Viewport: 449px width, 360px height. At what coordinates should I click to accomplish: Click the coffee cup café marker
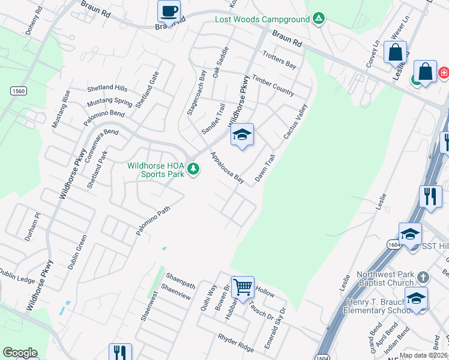[168, 11]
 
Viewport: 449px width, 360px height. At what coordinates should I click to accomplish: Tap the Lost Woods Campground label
[262, 19]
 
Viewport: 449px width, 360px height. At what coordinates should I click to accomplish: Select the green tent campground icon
[319, 19]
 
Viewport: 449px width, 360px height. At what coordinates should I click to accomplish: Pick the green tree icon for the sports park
[193, 169]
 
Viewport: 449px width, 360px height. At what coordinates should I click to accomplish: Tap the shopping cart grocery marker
[243, 287]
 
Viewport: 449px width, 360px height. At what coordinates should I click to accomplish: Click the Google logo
[20, 353]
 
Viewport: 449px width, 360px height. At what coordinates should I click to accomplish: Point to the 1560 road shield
[18, 90]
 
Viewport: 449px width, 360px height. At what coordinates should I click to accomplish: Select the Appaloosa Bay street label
[227, 167]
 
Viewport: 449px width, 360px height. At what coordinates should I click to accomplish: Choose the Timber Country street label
[273, 85]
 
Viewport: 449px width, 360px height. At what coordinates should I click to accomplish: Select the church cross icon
[424, 277]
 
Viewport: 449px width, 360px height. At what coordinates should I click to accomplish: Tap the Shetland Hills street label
[107, 88]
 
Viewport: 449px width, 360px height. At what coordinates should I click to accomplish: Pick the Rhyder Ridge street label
[237, 343]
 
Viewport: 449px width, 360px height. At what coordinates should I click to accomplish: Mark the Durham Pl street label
[32, 226]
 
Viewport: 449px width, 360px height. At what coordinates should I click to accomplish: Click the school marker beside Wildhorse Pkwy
[242, 135]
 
